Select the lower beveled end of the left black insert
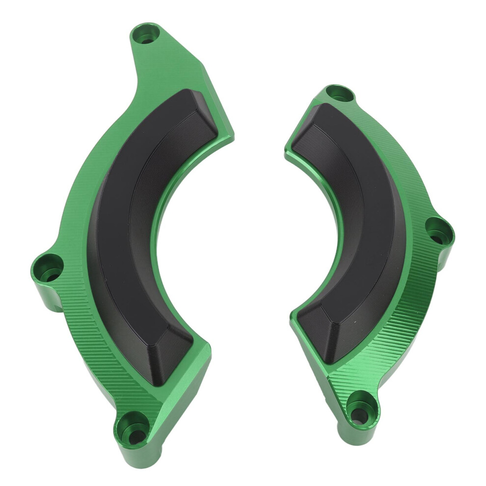tap(172, 351)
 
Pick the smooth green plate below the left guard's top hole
tap(167, 69)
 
